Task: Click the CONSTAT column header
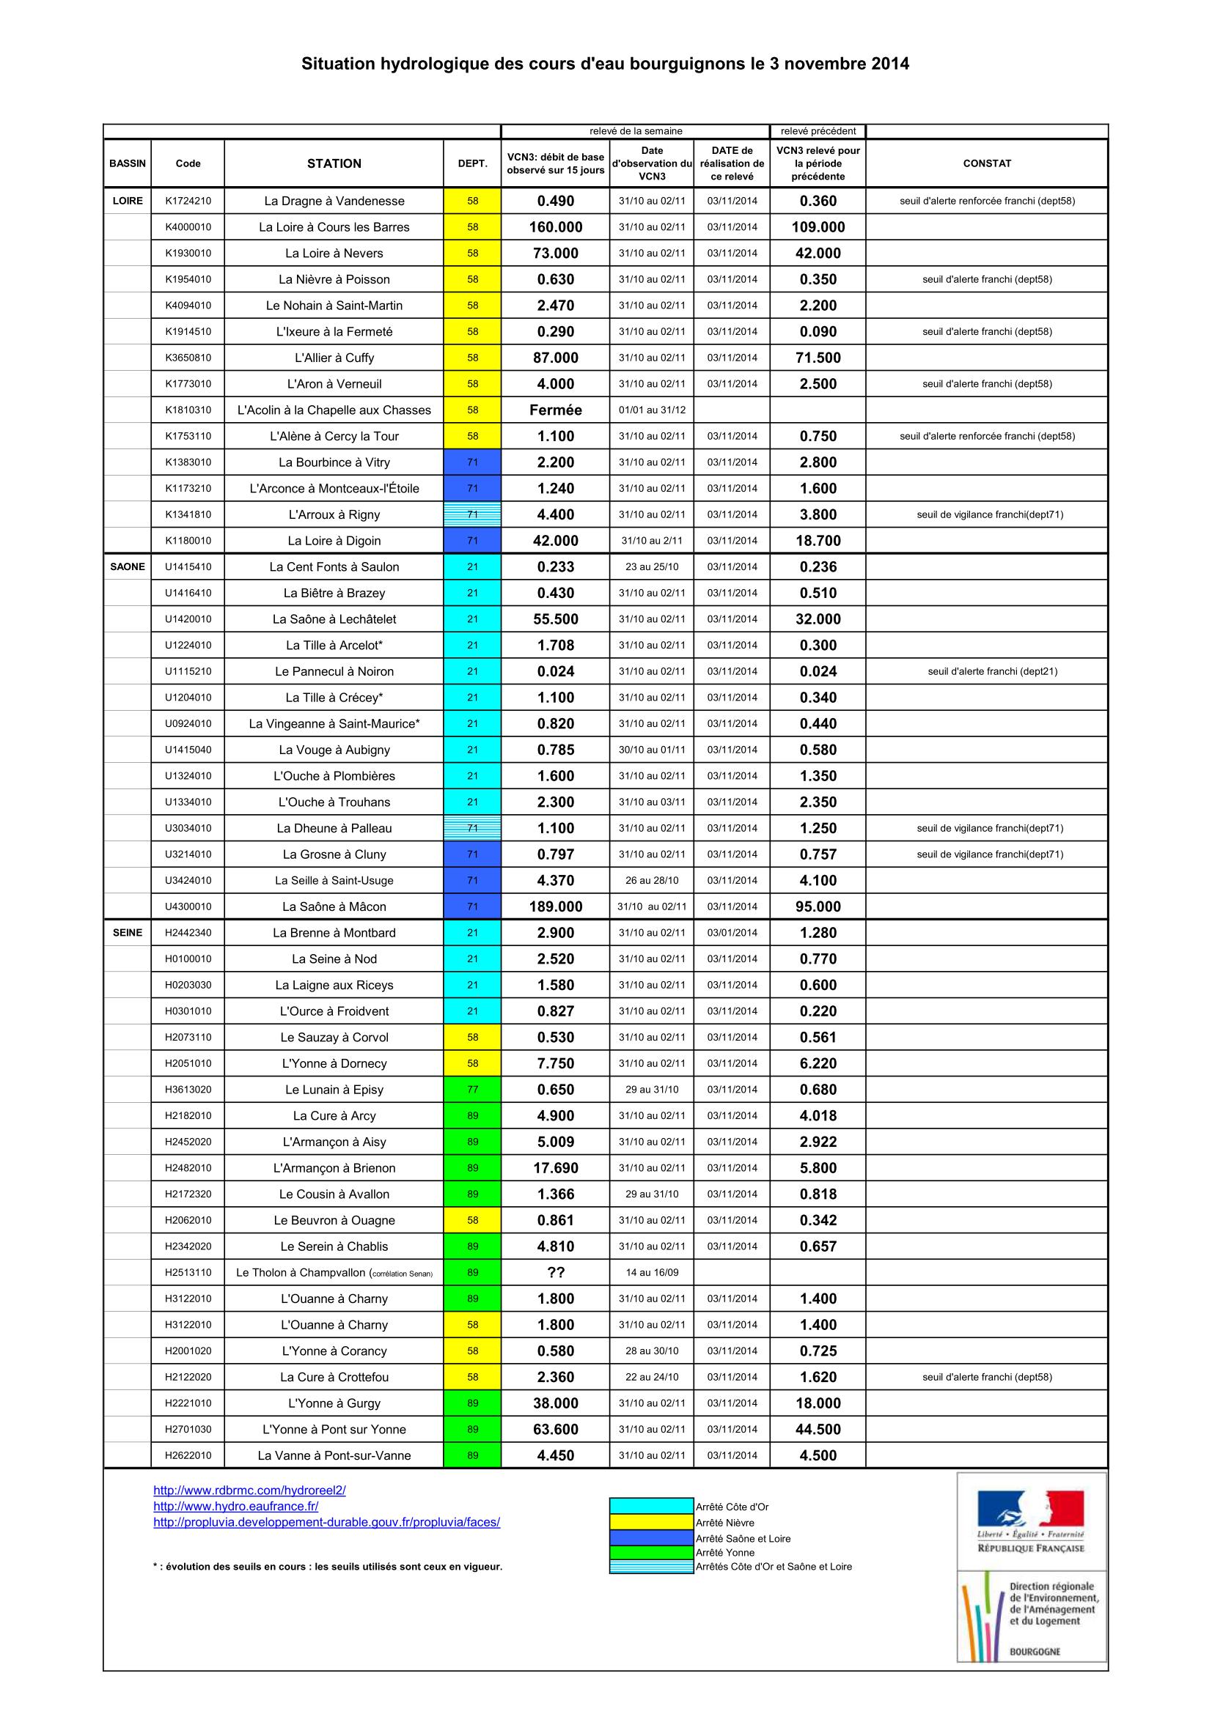986,163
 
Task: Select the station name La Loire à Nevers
334,253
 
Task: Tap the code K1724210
188,201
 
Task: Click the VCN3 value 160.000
556,227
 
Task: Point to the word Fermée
556,410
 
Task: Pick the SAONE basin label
128,566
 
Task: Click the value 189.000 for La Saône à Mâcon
556,906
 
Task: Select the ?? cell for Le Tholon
556,1272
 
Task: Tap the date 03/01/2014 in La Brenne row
732,932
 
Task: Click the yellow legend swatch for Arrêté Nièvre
651,1522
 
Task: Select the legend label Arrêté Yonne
724,1553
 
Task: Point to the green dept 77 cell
472,1089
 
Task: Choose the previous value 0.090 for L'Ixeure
818,331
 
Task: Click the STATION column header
334,163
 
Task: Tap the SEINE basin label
128,932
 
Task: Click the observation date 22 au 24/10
652,1377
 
